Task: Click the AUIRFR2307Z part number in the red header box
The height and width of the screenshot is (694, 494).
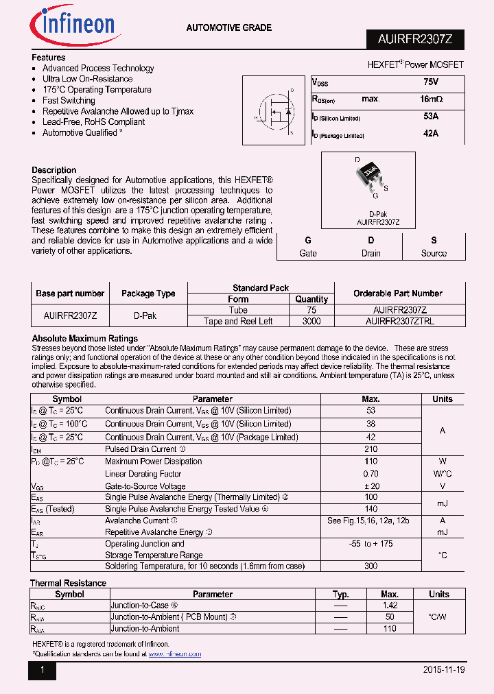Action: (x=414, y=40)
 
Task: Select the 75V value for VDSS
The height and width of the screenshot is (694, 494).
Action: (x=431, y=82)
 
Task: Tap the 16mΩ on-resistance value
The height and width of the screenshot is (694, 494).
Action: (x=431, y=99)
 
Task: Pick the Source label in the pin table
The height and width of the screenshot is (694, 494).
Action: (x=434, y=253)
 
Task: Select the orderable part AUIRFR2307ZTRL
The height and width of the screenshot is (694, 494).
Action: (x=399, y=321)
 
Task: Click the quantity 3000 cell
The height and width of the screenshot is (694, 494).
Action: (x=311, y=321)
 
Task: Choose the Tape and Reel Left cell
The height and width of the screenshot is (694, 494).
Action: (x=238, y=321)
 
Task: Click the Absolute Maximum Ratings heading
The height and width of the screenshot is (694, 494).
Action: (x=85, y=339)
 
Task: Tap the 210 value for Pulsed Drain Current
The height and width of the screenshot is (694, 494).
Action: (x=371, y=449)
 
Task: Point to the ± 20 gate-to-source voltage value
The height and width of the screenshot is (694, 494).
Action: (x=371, y=486)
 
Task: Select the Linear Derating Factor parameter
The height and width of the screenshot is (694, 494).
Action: (x=143, y=474)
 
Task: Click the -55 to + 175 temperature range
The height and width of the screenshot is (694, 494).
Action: (x=371, y=544)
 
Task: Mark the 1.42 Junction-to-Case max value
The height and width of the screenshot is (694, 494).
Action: (x=390, y=606)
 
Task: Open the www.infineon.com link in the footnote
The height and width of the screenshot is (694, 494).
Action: (x=175, y=654)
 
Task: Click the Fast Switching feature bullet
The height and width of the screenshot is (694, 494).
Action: (x=69, y=100)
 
